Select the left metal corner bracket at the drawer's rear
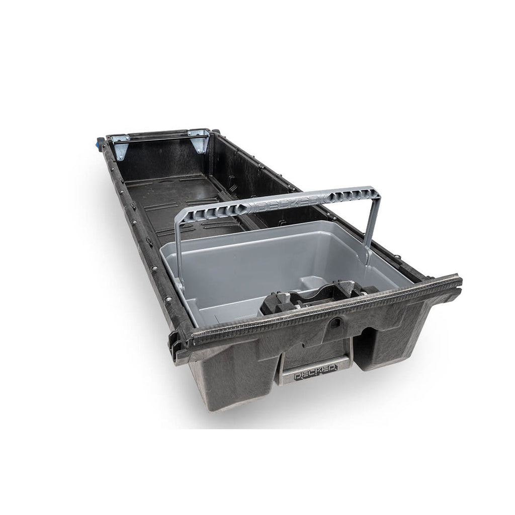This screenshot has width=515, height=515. tap(120, 147)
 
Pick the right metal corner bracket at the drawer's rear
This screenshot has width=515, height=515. tap(200, 140)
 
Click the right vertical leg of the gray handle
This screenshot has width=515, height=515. tap(373, 226)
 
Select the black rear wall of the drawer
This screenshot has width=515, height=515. tap(161, 156)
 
